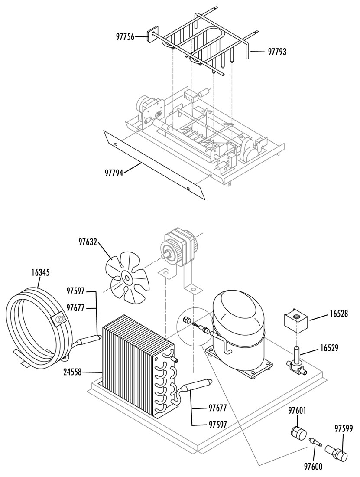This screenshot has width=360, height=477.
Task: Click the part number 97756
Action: pyautogui.click(x=125, y=37)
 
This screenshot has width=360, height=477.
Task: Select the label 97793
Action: pyautogui.click(x=277, y=52)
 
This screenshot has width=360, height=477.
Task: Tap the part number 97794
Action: pyautogui.click(x=114, y=173)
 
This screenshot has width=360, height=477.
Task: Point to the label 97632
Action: pyautogui.click(x=88, y=242)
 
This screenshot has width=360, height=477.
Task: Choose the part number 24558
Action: pyautogui.click(x=73, y=372)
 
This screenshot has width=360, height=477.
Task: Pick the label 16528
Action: pyautogui.click(x=338, y=314)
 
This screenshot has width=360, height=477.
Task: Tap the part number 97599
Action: pyautogui.click(x=344, y=429)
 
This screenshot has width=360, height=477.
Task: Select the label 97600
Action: pyautogui.click(x=313, y=466)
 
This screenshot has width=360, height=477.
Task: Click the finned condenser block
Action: pyautogui.click(x=138, y=365)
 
